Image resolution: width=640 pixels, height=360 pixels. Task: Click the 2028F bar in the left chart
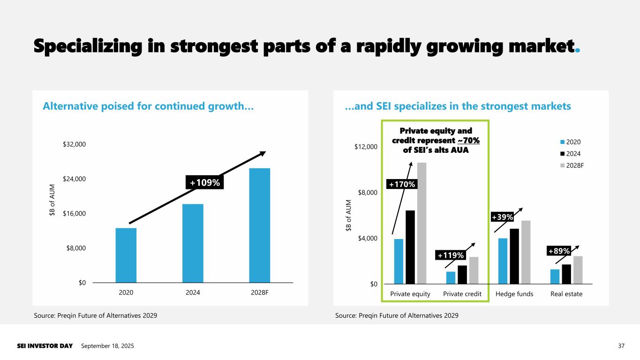point(259,225)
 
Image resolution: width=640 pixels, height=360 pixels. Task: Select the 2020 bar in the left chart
point(126,255)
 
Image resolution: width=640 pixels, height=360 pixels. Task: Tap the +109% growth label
point(204,182)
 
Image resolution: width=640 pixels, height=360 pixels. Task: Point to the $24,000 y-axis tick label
point(74,179)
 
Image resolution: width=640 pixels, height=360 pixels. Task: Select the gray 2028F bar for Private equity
point(422,223)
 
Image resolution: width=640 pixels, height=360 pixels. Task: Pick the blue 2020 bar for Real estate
point(555,277)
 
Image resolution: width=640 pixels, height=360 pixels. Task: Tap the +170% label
point(401,185)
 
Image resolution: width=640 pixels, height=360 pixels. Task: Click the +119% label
point(450,255)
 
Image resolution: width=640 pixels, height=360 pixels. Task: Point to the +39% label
point(502,217)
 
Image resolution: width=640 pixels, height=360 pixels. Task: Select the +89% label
point(559,251)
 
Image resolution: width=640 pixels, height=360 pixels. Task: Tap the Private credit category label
point(462,294)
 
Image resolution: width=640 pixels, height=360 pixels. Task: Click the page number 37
point(622,346)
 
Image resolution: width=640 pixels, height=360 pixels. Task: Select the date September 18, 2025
point(107,346)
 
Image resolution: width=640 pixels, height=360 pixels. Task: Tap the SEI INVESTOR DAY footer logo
point(45,346)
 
